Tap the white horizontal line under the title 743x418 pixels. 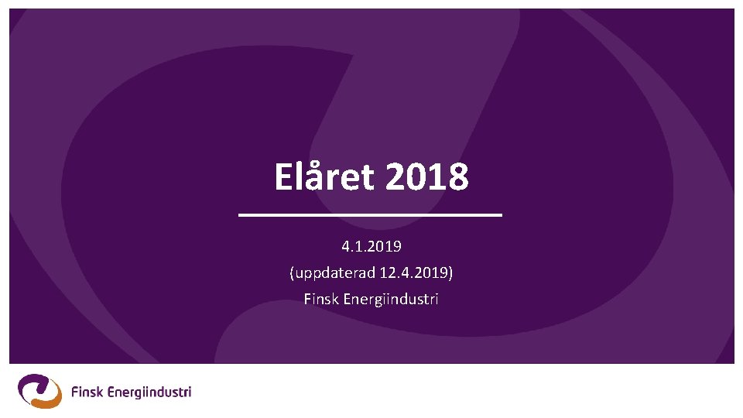371,214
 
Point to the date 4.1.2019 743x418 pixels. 371,247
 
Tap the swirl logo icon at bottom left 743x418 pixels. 39,391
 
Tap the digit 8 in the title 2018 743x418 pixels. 457,177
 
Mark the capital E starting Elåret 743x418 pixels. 283,177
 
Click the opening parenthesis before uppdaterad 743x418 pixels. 292,273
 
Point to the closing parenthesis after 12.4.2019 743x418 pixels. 451,273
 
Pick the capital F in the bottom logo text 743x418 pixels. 74,392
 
